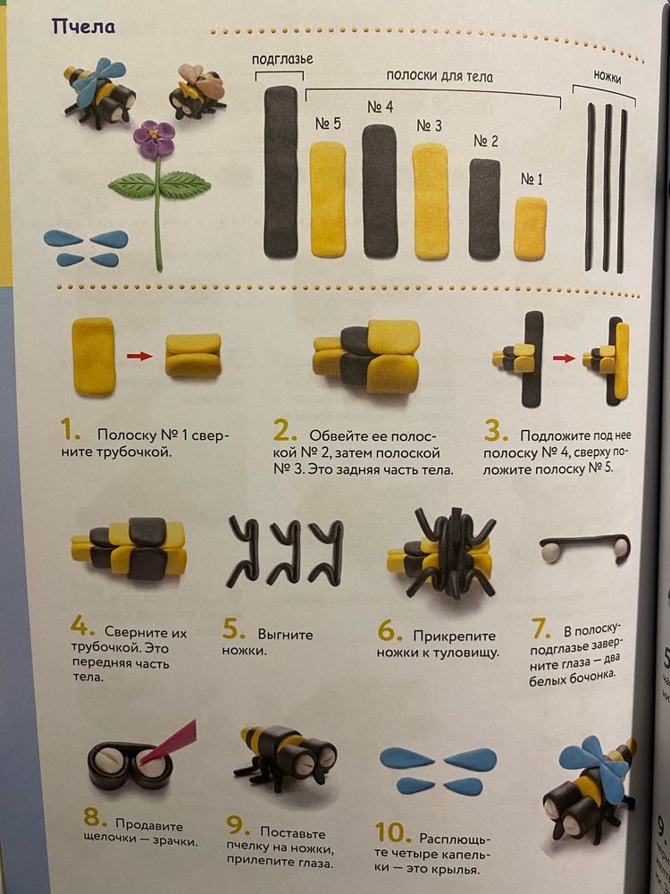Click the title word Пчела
tap(83, 26)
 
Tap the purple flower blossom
tap(155, 139)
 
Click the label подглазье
tap(281, 59)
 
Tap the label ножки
tap(607, 77)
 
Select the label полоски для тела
tap(439, 77)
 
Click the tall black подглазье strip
tap(281, 172)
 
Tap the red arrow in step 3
tap(563, 358)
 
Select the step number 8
tap(94, 818)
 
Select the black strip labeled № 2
tap(484, 208)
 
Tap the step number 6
tap(389, 631)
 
